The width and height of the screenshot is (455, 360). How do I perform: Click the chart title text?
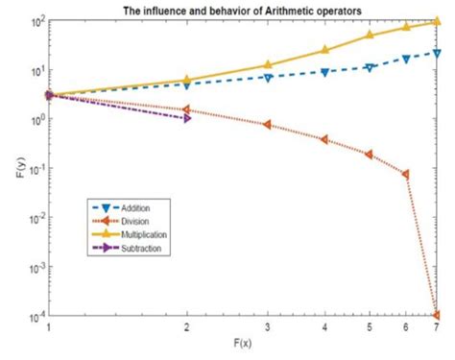coord(242,11)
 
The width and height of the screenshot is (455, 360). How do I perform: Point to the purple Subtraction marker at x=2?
coord(186,118)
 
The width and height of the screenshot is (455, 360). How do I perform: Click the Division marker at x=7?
coord(438,315)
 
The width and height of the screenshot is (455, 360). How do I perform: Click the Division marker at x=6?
coord(406,175)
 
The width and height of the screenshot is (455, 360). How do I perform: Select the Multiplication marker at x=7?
coord(438,21)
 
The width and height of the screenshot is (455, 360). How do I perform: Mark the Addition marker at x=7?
coord(438,53)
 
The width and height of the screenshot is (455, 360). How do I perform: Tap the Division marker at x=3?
coord(267,125)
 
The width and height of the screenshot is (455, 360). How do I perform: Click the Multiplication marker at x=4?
coord(324,50)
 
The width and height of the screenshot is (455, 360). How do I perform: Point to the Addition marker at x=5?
coord(370,68)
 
